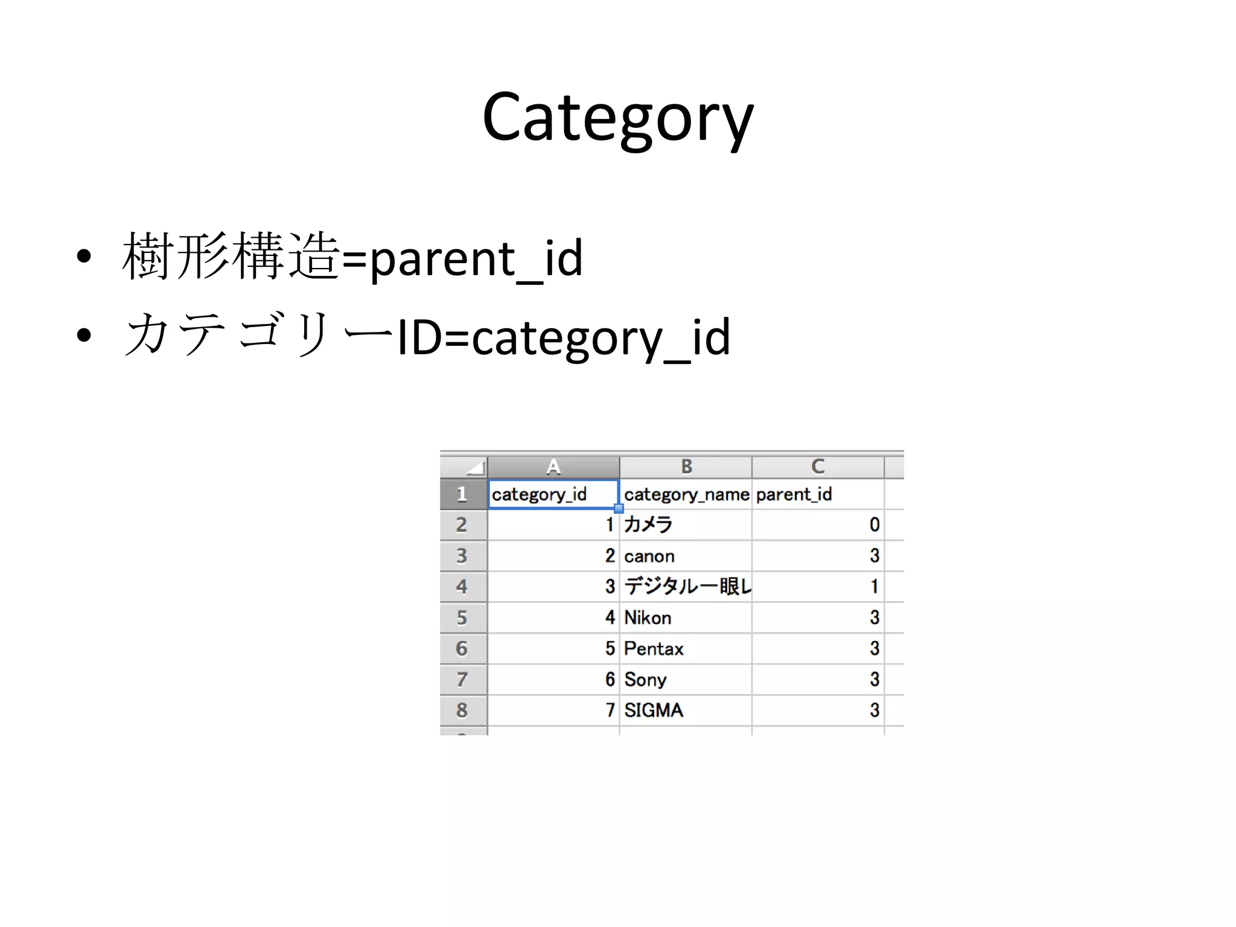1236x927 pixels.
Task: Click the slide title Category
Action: tap(617, 118)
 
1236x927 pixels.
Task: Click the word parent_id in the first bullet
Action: tap(476, 258)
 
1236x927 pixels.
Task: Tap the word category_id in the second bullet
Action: tap(600, 338)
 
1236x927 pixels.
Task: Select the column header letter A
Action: tap(553, 467)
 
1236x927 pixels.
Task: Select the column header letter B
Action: tap(686, 467)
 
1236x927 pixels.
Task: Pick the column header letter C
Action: tap(818, 467)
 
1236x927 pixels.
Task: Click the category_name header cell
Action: tap(686, 495)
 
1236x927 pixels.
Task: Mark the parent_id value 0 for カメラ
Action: tap(874, 525)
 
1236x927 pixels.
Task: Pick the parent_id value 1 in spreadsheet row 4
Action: tap(874, 587)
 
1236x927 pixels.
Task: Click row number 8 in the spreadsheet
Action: tap(462, 710)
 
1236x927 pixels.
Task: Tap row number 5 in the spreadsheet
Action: tap(462, 618)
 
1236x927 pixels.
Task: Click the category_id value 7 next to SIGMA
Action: tap(610, 710)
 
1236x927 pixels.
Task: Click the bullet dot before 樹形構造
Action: tap(84, 256)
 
